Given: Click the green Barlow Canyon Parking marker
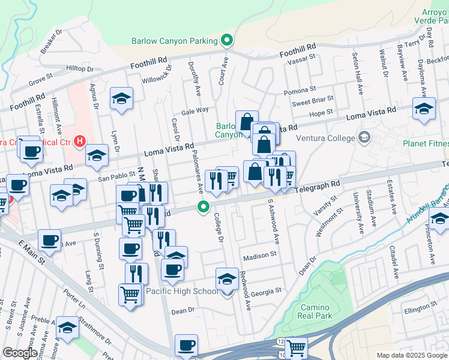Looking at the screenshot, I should (227, 41).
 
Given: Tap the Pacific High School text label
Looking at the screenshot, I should (182, 292).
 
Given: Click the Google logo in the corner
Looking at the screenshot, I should (20, 353).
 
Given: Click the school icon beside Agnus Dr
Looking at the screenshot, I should (121, 98).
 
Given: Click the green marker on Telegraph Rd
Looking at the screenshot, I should (203, 208).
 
